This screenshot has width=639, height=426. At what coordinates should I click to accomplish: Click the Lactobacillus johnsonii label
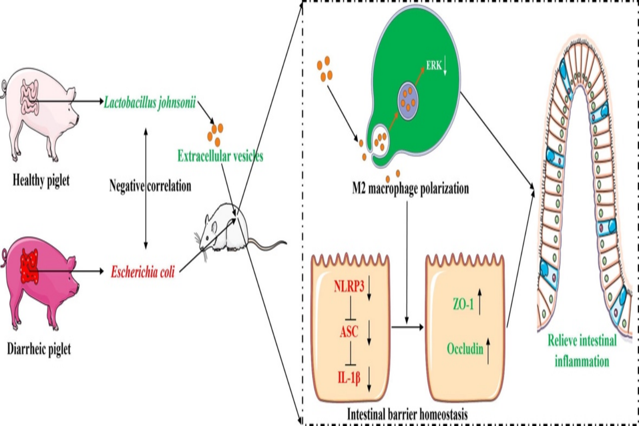pyautogui.click(x=150, y=103)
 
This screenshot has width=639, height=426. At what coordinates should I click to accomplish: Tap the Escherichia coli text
pyautogui.click(x=143, y=272)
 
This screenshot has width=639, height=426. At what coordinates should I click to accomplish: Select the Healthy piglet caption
pyautogui.click(x=41, y=180)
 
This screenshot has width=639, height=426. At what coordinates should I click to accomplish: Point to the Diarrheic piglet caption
pyautogui.click(x=39, y=349)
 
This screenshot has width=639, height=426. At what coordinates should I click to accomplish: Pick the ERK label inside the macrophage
pyautogui.click(x=434, y=66)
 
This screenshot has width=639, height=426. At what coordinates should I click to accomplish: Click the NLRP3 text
pyautogui.click(x=349, y=286)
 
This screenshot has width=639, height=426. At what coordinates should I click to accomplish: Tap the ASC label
pyautogui.click(x=349, y=331)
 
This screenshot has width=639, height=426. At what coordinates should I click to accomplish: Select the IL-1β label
pyautogui.click(x=349, y=377)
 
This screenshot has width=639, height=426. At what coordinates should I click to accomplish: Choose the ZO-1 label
pyautogui.click(x=463, y=304)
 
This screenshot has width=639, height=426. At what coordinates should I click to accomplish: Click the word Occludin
pyautogui.click(x=465, y=349)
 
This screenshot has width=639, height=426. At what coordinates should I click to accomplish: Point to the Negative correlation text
pyautogui.click(x=150, y=186)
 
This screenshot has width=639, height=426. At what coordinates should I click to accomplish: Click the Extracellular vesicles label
pyautogui.click(x=220, y=156)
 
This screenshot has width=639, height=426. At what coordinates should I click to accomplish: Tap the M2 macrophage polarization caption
pyautogui.click(x=410, y=188)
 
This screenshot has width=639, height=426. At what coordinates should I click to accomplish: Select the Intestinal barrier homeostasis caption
pyautogui.click(x=407, y=414)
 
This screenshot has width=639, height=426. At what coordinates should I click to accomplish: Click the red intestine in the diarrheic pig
pyautogui.click(x=29, y=266)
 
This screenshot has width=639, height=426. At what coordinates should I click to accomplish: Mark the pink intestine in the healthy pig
pyautogui.click(x=29, y=98)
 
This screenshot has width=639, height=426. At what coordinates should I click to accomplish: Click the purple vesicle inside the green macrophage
pyautogui.click(x=408, y=99)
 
